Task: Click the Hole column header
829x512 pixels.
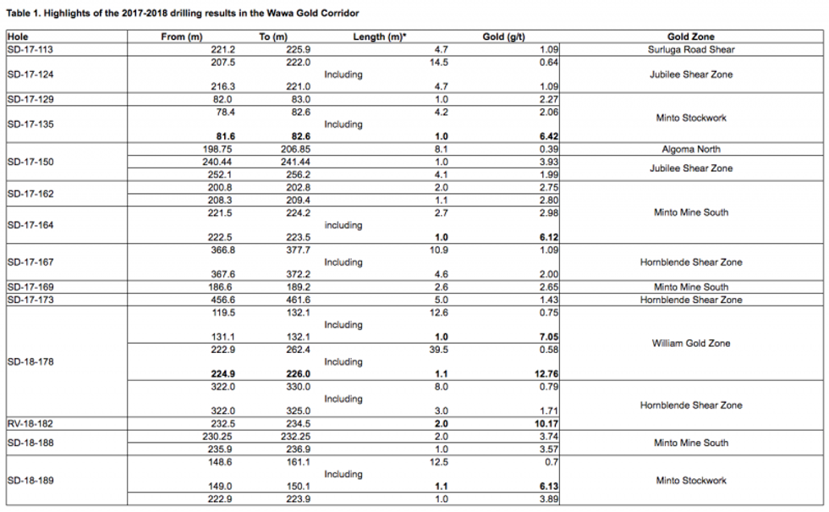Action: click(x=17, y=37)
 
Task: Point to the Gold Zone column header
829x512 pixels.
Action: click(x=690, y=37)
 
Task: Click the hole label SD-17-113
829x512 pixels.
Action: click(x=30, y=50)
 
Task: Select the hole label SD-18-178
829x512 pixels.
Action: click(x=30, y=361)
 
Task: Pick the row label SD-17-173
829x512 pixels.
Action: click(x=30, y=300)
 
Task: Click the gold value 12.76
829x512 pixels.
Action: click(x=544, y=374)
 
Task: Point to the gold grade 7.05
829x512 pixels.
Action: click(x=547, y=337)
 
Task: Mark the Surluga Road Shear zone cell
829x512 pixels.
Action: click(x=690, y=50)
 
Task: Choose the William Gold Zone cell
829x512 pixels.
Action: click(x=690, y=344)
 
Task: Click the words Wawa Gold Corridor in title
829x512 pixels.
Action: click(x=312, y=14)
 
